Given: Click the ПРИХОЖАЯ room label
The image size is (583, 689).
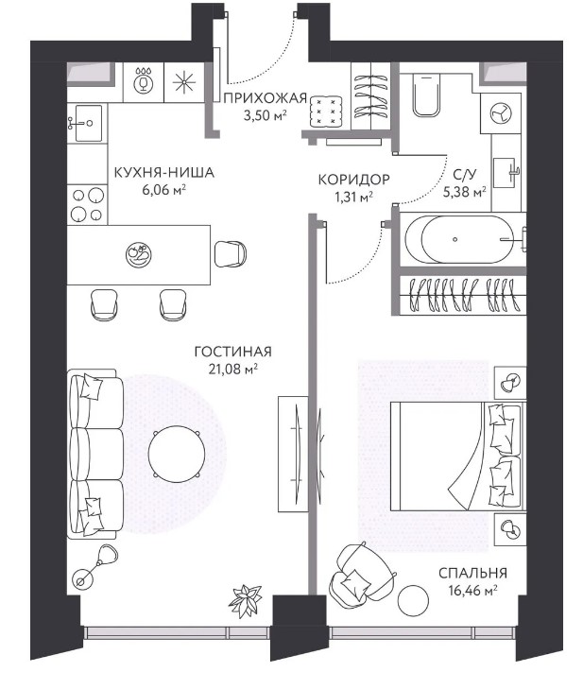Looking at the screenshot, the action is click(265, 98).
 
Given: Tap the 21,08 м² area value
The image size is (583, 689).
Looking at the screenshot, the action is click(232, 370).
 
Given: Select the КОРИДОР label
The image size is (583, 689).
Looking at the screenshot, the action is click(353, 180).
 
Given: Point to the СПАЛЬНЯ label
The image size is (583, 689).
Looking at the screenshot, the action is click(472, 573).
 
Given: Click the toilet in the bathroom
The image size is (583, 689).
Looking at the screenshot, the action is click(426, 95).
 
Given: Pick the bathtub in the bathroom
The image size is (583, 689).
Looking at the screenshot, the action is click(459, 239).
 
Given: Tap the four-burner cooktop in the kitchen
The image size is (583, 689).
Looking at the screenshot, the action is click(88, 204).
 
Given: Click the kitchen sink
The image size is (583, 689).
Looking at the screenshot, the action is click(88, 123).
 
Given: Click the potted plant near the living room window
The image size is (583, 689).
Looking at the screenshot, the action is click(245, 600).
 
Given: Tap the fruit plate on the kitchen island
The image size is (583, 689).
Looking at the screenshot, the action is click(138, 254).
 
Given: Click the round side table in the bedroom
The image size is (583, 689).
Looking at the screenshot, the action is click(413, 601).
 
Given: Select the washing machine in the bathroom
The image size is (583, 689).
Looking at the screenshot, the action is click(501, 112).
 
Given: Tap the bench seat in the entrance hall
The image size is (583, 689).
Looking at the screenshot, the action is click(326, 112).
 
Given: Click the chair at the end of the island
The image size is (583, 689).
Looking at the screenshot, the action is click(231, 254).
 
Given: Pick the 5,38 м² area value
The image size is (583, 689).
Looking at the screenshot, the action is click(464, 192).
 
